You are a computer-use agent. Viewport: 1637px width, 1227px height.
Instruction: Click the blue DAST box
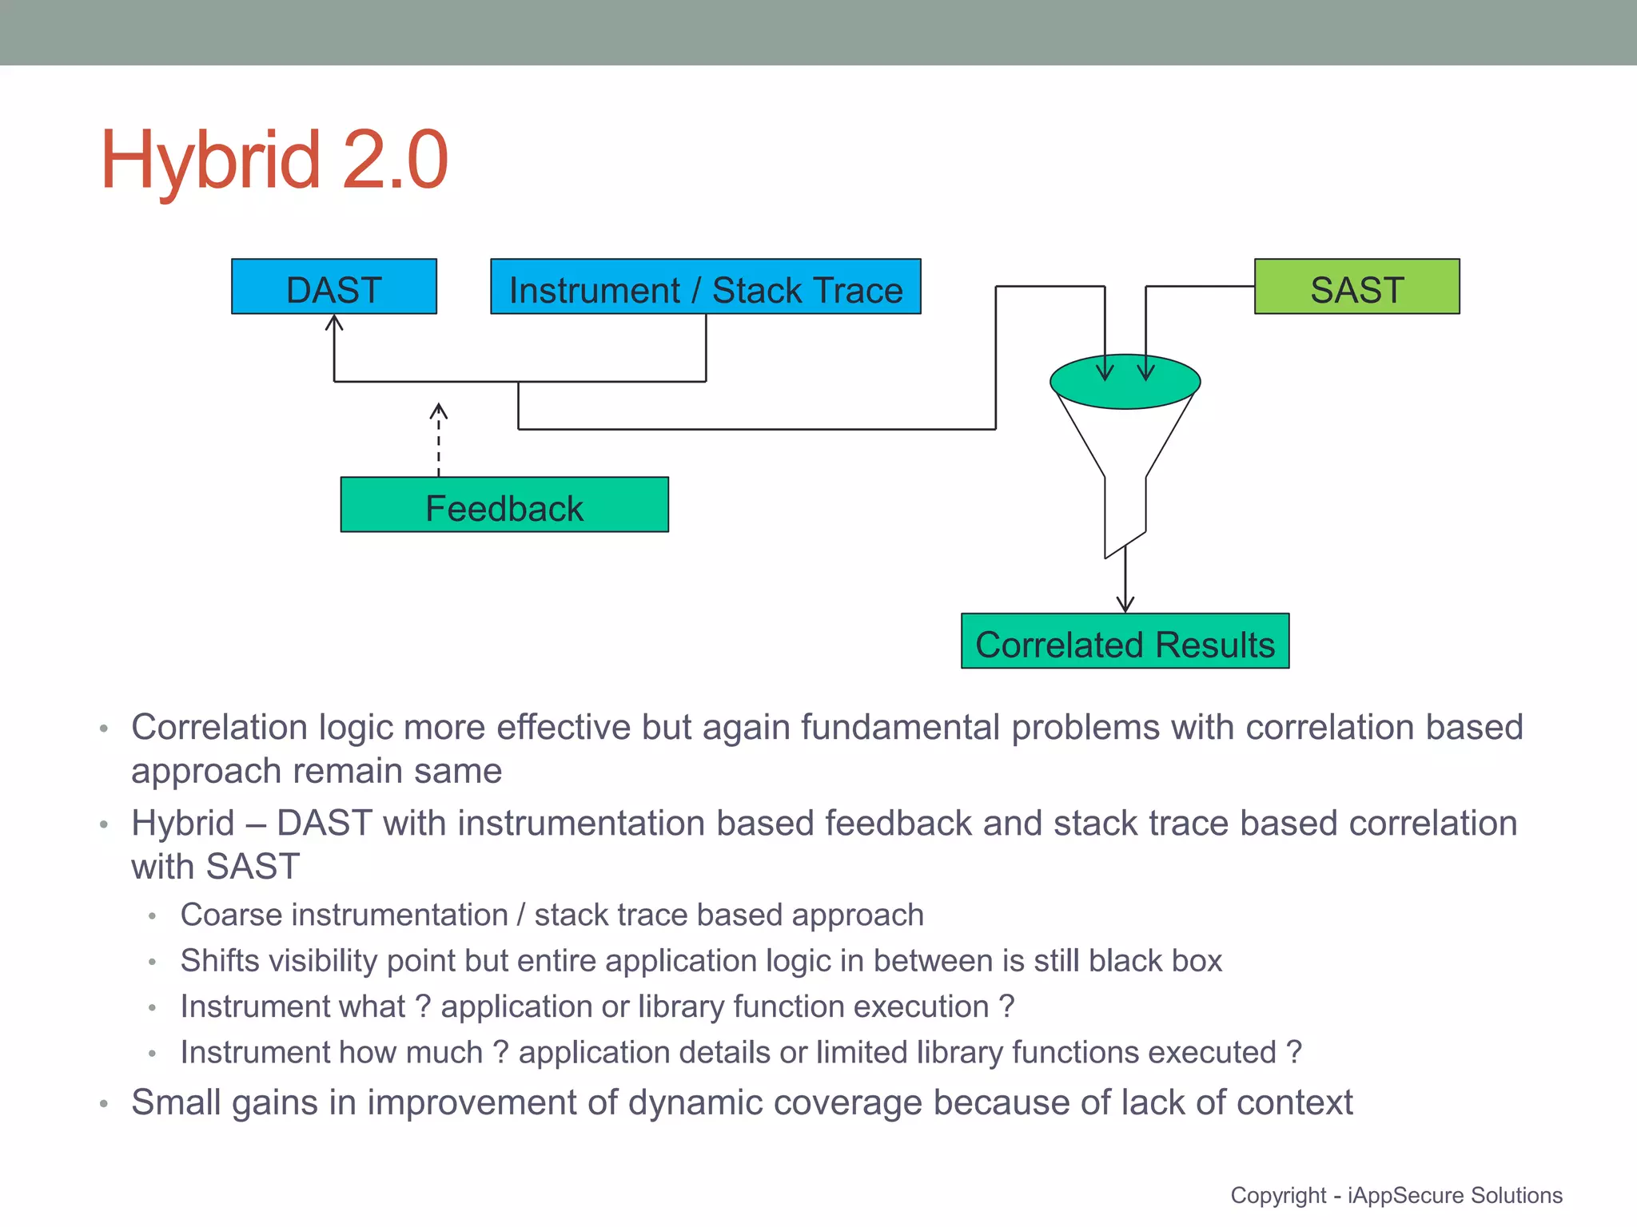[333, 287]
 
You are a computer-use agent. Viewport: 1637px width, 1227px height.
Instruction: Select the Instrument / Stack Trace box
[705, 287]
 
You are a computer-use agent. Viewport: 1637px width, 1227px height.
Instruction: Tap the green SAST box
[1356, 287]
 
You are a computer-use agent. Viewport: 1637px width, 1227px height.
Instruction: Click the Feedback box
[504, 505]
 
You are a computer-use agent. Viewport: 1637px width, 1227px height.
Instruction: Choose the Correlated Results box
[1125, 641]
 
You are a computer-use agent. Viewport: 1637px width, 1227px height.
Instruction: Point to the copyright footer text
[1396, 1196]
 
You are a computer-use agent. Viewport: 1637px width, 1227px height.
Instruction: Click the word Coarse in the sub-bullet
[231, 915]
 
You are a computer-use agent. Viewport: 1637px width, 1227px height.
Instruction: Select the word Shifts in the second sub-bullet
[220, 961]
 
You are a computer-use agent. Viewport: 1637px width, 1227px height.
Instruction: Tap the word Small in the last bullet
[174, 1102]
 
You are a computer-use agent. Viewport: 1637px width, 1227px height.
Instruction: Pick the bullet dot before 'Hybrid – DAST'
[103, 824]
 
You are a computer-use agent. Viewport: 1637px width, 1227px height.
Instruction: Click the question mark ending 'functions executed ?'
[1294, 1053]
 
